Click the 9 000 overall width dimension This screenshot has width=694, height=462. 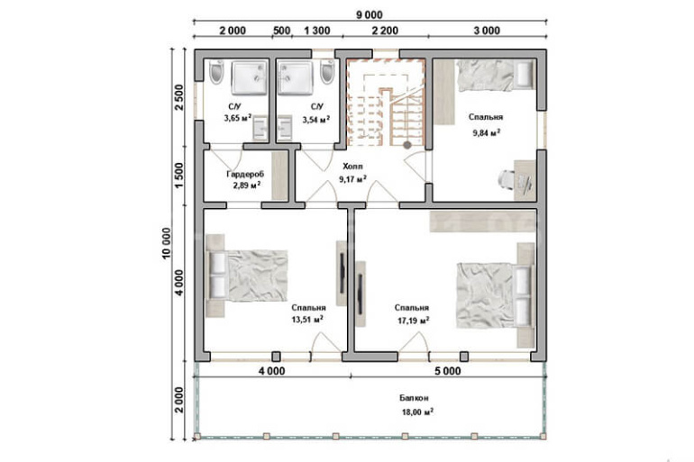(x=370, y=15)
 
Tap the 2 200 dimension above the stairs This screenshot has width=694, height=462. (x=385, y=31)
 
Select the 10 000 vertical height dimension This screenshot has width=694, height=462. (x=166, y=243)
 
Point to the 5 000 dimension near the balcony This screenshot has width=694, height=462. (x=447, y=371)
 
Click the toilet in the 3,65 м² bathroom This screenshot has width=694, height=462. (x=217, y=73)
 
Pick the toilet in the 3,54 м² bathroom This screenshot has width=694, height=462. (x=327, y=72)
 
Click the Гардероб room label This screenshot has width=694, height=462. (x=245, y=174)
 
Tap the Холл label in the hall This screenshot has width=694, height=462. (x=352, y=167)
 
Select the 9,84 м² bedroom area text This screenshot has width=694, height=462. (x=486, y=132)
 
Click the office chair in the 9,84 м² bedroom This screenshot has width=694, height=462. (x=507, y=178)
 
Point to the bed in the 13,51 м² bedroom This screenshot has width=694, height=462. (x=248, y=276)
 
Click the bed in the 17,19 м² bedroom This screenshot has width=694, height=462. (x=496, y=295)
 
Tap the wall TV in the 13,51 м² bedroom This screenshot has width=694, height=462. (x=342, y=273)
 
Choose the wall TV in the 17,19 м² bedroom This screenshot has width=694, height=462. (x=361, y=294)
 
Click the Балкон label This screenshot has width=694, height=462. (x=414, y=398)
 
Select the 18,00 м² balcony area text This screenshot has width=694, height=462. (x=417, y=412)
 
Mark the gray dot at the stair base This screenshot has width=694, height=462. (x=407, y=145)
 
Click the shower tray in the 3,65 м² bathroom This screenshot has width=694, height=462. (x=250, y=78)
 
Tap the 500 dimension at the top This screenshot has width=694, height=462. (x=281, y=31)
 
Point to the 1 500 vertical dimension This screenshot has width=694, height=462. (x=178, y=176)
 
